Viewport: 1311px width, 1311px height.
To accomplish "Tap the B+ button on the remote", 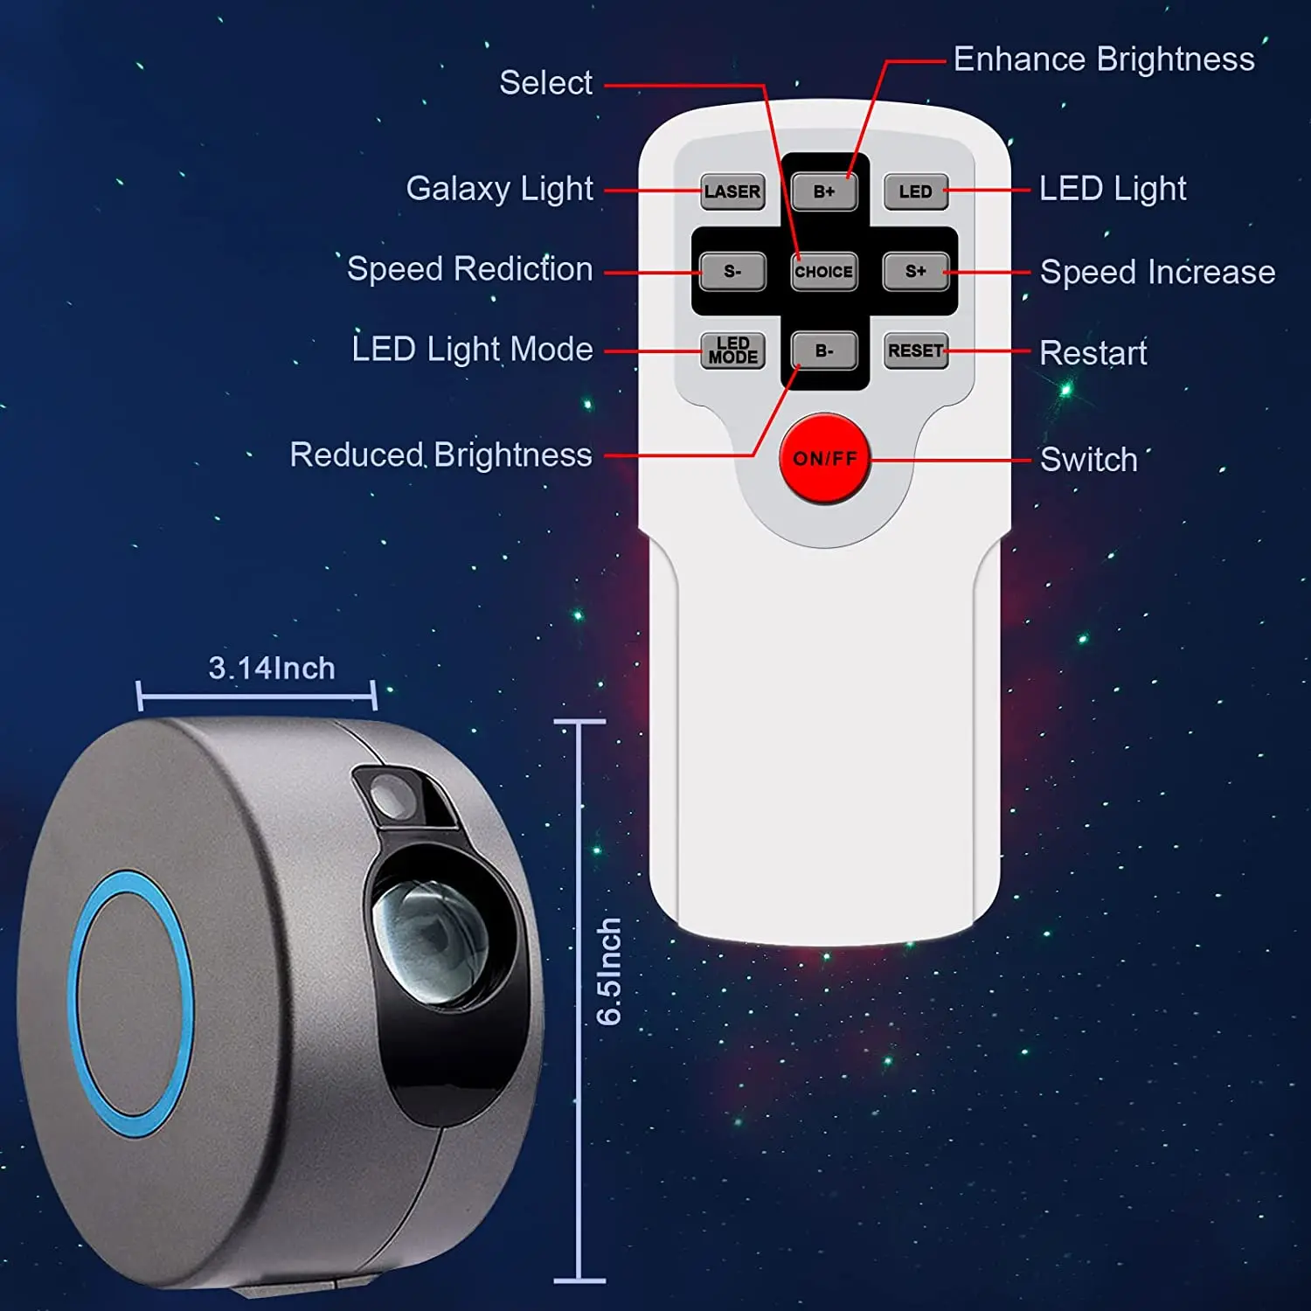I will (x=823, y=191).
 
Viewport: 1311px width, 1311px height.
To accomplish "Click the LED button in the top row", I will (x=915, y=191).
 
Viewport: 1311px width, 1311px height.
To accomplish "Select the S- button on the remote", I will (x=732, y=271).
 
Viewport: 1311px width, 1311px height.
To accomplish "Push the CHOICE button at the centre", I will (x=823, y=271).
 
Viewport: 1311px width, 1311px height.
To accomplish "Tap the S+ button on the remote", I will (x=915, y=271).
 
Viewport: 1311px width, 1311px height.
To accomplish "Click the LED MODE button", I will (x=732, y=350).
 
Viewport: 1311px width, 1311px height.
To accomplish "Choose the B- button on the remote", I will (x=823, y=350).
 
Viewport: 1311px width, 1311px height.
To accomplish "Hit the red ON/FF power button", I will (x=824, y=458).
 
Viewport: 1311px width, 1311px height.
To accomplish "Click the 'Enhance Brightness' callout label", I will (x=1103, y=59).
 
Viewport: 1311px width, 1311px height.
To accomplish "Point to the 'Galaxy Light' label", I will (x=499, y=189).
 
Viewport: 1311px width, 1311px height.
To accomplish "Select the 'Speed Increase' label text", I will (x=1157, y=272).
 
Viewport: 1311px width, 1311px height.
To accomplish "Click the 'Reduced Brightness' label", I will (x=440, y=454).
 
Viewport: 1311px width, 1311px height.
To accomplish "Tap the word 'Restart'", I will (x=1092, y=353).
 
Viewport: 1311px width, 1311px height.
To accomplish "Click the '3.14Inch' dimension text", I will (x=271, y=669).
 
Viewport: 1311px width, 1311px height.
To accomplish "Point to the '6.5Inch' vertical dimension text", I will (x=608, y=971).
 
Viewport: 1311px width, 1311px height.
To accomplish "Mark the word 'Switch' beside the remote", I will (x=1088, y=460).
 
